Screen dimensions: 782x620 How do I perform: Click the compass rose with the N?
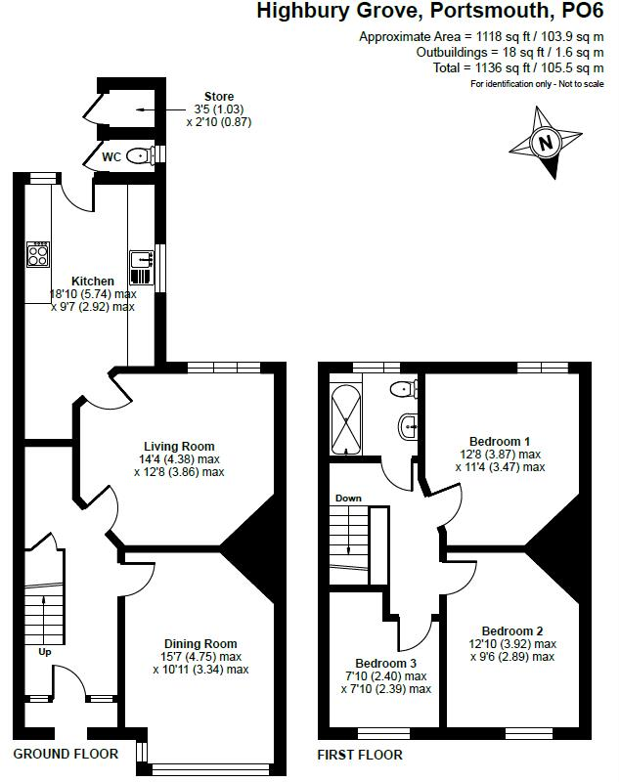point(546,143)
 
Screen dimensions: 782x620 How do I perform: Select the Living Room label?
point(179,447)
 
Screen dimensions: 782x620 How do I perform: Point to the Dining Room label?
point(200,643)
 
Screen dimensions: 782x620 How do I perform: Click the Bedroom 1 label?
point(500,441)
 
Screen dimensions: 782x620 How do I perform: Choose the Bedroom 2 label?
point(507,630)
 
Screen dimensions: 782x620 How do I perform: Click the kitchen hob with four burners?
point(38,254)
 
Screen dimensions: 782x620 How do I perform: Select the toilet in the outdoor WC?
point(140,154)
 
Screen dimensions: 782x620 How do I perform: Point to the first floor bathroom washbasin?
point(408,426)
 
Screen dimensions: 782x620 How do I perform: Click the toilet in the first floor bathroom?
point(401,390)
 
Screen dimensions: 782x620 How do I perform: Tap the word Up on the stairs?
point(45,651)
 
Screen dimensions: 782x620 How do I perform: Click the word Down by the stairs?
point(348,499)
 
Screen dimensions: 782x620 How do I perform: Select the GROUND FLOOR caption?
point(66,754)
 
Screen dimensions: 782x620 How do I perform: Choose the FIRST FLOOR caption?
point(360,755)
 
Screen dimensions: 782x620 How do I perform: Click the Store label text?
point(219,96)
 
